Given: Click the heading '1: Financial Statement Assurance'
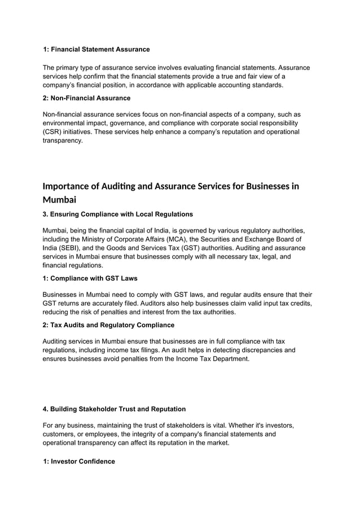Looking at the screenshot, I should [x=96, y=50].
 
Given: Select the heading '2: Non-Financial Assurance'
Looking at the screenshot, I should [x=86, y=98].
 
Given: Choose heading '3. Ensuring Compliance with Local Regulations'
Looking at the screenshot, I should [x=118, y=214].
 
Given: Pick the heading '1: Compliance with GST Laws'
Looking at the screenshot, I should [x=90, y=278].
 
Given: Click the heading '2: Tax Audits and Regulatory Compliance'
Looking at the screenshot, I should [x=109, y=325].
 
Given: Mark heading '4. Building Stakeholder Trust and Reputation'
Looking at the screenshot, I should [x=114, y=409].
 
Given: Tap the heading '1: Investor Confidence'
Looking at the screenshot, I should [x=79, y=462].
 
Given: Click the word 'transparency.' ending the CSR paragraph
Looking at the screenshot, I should [x=63, y=141].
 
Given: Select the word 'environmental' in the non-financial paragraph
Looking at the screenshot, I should [x=64, y=123].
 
